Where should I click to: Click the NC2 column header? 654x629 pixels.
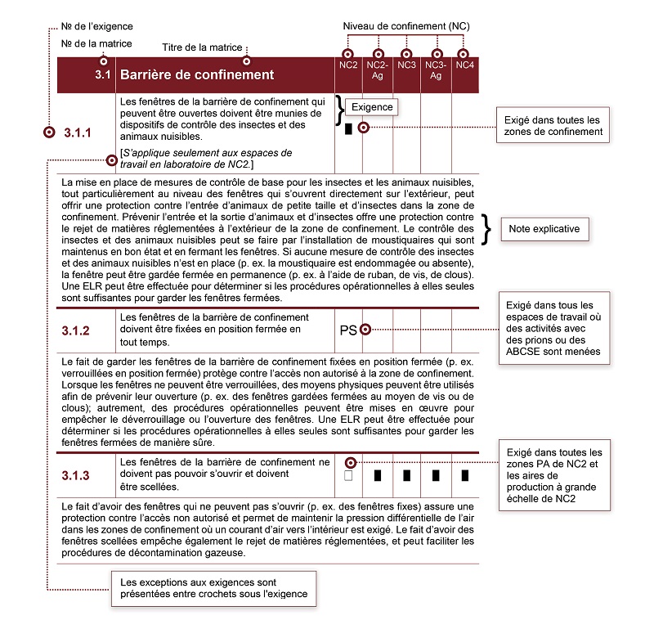[348, 65]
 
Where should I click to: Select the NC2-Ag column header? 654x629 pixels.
[377, 70]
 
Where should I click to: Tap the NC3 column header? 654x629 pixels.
[406, 65]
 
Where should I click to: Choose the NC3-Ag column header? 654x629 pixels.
[436, 70]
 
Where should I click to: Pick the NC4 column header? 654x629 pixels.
[464, 65]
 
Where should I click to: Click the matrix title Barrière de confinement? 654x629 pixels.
[197, 75]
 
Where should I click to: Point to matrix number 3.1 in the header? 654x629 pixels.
[102, 75]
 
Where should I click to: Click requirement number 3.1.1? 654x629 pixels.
[78, 132]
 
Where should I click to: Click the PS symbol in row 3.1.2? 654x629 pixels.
[348, 330]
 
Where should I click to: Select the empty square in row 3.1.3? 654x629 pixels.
[348, 475]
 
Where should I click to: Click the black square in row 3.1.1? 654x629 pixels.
[349, 129]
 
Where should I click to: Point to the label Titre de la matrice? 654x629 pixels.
[212, 47]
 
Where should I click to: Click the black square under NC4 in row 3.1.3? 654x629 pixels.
[464, 475]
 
